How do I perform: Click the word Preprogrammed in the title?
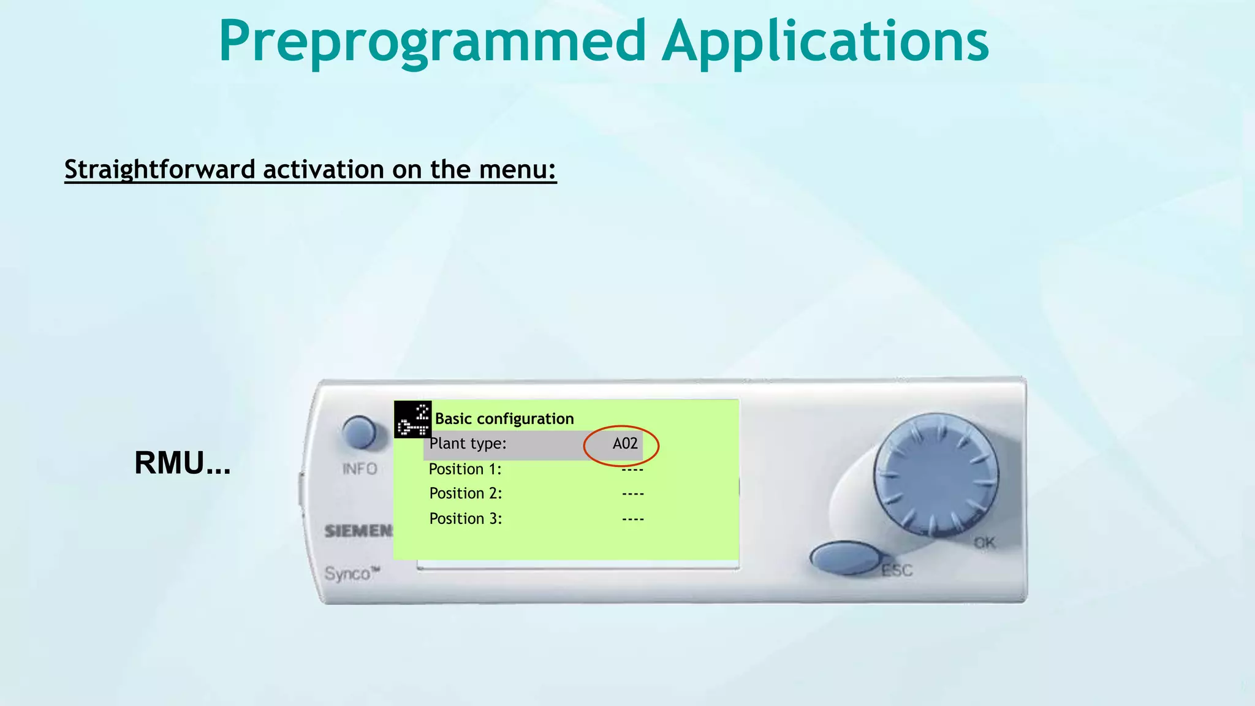coord(432,42)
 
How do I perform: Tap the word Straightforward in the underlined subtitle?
coord(159,169)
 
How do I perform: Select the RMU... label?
coord(182,463)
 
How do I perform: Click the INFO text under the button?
coord(360,469)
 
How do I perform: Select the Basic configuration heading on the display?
coord(504,419)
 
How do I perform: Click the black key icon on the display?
coord(412,420)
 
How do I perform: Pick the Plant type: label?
coord(468,443)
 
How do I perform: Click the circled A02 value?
coord(624,444)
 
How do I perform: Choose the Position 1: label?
coord(465,469)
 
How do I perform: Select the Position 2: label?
coord(465,493)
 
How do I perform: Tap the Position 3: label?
coord(465,518)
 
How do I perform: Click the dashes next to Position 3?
coord(632,519)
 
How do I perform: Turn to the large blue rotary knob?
coord(936,475)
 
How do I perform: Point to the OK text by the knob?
coord(984,543)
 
